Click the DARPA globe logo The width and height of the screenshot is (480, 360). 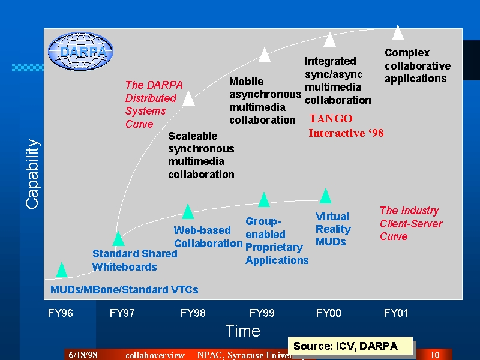tap(80, 52)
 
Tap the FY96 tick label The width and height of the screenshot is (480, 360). tap(61, 313)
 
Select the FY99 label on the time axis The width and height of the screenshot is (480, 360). tap(262, 313)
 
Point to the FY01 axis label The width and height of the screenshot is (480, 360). tap(396, 313)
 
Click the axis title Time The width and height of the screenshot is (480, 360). tap(243, 331)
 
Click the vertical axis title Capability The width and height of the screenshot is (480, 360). tap(32, 174)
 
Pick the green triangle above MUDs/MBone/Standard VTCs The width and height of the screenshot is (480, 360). tap(62, 269)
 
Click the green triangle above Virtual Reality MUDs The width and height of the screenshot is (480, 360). tap(325, 196)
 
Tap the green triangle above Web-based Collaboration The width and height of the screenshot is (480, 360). tap(188, 212)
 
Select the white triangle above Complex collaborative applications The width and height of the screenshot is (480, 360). tap(398, 33)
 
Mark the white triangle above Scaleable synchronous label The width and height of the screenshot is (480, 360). tap(188, 98)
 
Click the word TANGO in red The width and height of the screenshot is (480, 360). tap(331, 118)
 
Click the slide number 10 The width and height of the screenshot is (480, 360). tap(434, 355)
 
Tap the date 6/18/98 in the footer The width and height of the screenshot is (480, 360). tap(83, 355)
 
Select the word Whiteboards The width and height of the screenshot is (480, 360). tap(125, 267)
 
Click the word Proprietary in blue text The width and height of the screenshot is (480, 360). tap(274, 247)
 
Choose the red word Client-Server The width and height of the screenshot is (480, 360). tap(411, 223)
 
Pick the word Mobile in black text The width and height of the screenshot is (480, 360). tap(247, 82)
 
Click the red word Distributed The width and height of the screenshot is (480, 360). tap(151, 98)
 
